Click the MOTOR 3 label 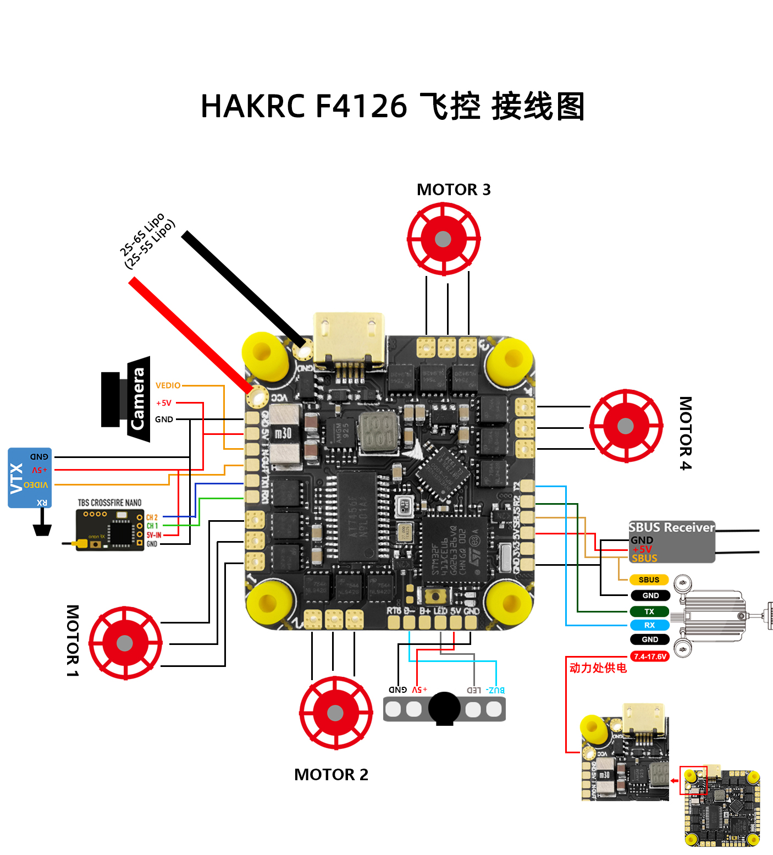pos(454,190)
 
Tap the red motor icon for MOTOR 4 pos(626,426)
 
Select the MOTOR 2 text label pos(331,775)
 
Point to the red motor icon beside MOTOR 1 pos(125,643)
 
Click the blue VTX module pos(30,477)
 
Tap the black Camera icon pos(126,399)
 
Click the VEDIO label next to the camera pos(168,385)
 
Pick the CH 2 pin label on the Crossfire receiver pos(152,517)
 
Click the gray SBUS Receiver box pos(671,542)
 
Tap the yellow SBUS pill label pos(649,580)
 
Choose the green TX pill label pos(649,611)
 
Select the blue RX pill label pos(649,625)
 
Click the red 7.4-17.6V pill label pos(649,657)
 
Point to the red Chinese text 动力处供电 pos(598,668)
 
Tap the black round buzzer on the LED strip pos(444,708)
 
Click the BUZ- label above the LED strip pos(495,690)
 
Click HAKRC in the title pos(252,106)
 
